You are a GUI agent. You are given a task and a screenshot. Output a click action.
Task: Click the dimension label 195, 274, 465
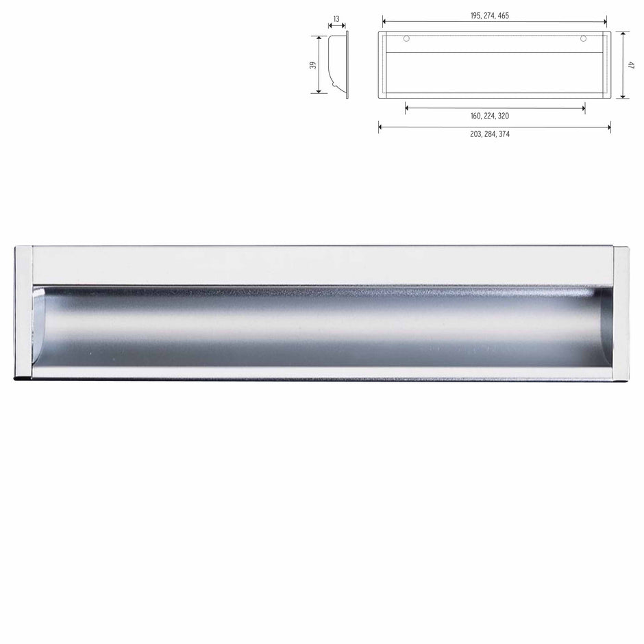pyautogui.click(x=494, y=15)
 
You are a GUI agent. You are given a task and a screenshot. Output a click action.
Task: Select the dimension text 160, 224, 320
pyautogui.click(x=494, y=116)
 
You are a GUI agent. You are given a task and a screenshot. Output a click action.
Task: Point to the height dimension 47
pyautogui.click(x=631, y=65)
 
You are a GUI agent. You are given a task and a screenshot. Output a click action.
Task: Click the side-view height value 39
pyautogui.click(x=312, y=65)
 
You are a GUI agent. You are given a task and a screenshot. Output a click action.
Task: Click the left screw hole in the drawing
pyautogui.click(x=406, y=38)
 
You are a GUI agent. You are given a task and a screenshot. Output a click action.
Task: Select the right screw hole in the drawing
pyautogui.click(x=583, y=38)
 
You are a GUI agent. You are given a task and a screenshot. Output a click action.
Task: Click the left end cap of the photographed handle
pyautogui.click(x=23, y=312)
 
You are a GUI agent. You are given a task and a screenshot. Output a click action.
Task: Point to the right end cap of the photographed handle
pyautogui.click(x=621, y=312)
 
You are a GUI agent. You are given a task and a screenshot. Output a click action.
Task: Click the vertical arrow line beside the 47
pyautogui.click(x=621, y=65)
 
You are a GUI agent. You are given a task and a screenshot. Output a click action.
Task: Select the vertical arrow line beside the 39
pyautogui.click(x=320, y=65)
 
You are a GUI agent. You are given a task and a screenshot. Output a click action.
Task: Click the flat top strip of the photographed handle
pyautogui.click(x=322, y=265)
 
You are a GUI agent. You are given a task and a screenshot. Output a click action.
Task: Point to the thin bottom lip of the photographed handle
pyautogui.click(x=322, y=373)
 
